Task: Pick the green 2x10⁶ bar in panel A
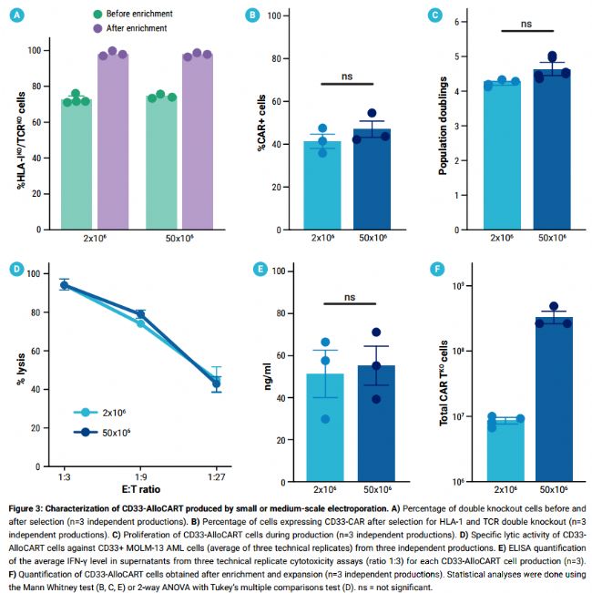pos(77,164)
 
